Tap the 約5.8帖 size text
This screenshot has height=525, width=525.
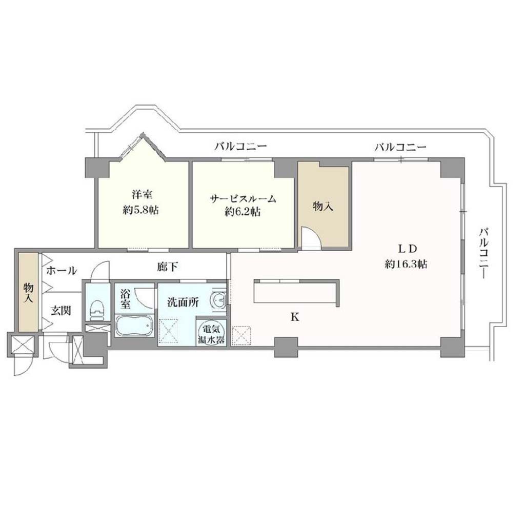click(x=141, y=210)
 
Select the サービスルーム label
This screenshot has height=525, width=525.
click(x=243, y=199)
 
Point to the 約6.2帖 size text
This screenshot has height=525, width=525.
click(x=243, y=212)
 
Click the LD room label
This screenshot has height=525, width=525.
click(x=407, y=249)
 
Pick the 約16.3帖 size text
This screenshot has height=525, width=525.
click(x=406, y=264)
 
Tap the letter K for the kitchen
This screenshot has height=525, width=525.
click(x=295, y=317)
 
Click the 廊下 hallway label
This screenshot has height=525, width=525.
click(x=168, y=267)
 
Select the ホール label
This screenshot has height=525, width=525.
click(x=62, y=270)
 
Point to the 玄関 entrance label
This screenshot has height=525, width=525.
click(x=61, y=310)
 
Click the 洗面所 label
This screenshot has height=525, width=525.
click(x=183, y=302)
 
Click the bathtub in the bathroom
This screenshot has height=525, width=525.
click(x=134, y=326)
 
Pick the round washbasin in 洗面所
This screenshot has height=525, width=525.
click(x=218, y=299)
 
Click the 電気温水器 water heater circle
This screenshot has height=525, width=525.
click(x=211, y=332)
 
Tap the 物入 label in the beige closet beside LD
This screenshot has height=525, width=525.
click(x=323, y=206)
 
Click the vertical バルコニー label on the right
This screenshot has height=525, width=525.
click(x=483, y=253)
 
